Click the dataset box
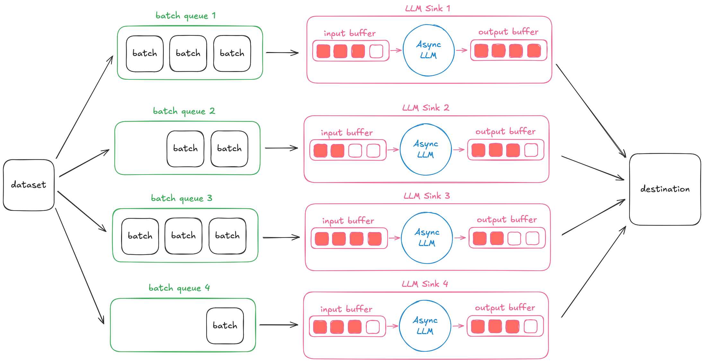tap(29, 185)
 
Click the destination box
tap(665, 189)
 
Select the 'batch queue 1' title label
tap(186, 16)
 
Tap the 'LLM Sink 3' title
tap(427, 196)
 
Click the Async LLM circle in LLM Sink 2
tap(426, 149)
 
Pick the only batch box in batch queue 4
tap(225, 326)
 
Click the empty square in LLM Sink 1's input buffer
tap(376, 51)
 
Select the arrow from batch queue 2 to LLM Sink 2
tap(281, 148)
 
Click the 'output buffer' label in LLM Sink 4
tap(505, 308)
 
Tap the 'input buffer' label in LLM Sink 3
tap(348, 221)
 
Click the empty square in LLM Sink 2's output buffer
tap(531, 150)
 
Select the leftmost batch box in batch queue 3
tap(140, 236)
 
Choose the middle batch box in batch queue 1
tap(188, 53)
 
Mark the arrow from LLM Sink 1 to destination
tap(591, 111)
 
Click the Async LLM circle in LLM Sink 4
tap(425, 326)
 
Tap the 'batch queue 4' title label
tap(179, 288)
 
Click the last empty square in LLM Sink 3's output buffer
tap(532, 239)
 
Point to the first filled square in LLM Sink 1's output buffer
tap(481, 51)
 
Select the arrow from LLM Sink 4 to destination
tap(594, 272)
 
